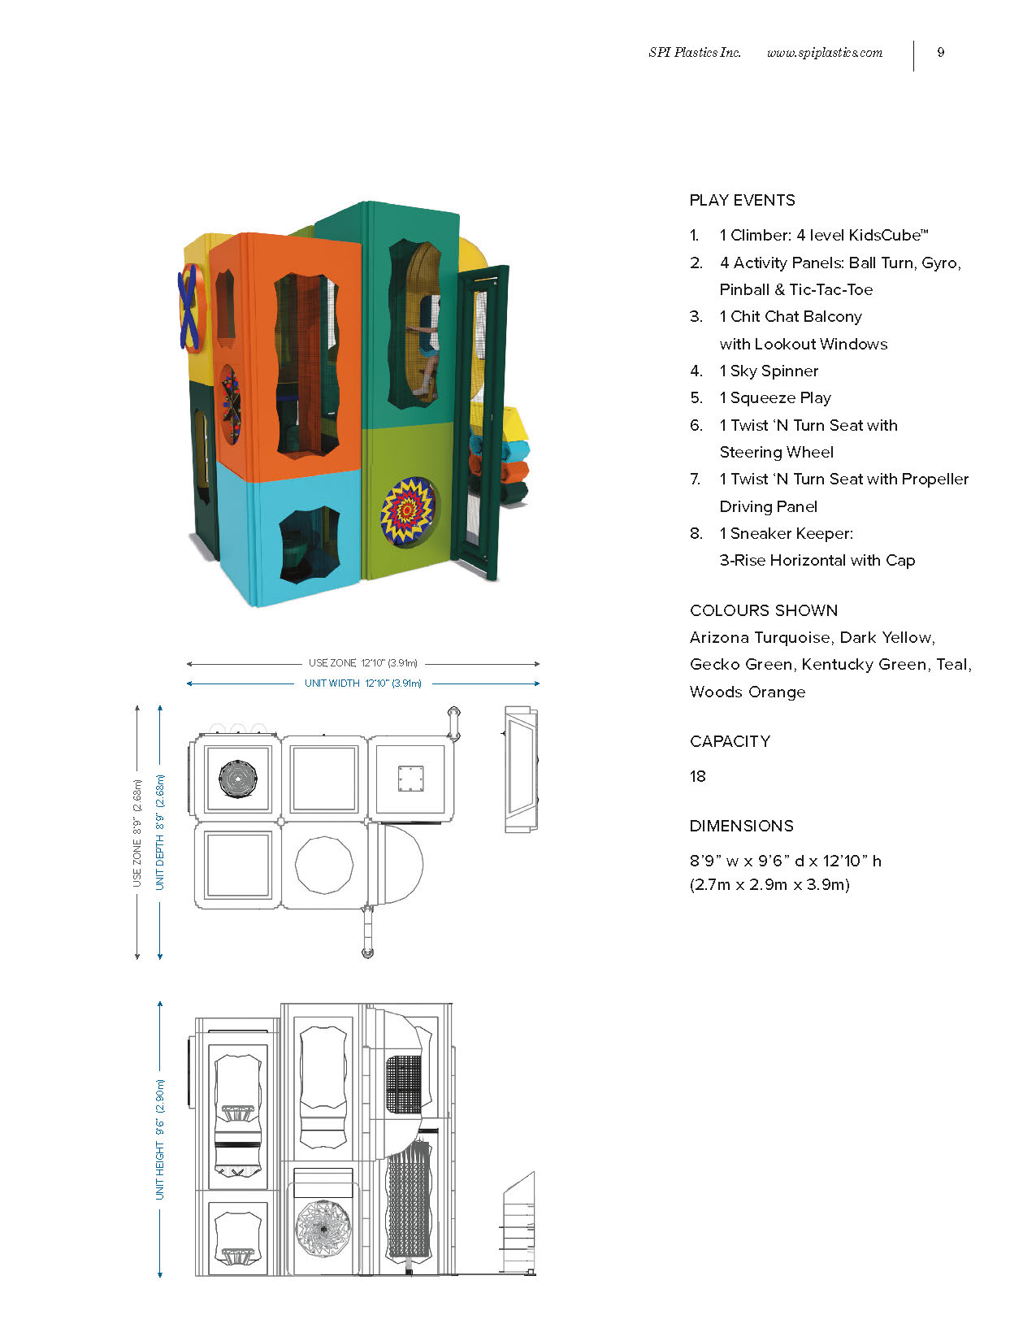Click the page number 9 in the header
[x=940, y=53]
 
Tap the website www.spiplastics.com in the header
[x=825, y=53]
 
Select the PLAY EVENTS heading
[x=743, y=200]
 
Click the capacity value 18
[x=698, y=776]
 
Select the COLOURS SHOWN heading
[x=764, y=610]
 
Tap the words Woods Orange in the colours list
[x=748, y=692]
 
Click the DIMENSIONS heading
[x=742, y=826]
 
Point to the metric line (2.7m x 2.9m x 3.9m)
[x=769, y=885]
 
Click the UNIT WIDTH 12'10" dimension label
[x=363, y=684]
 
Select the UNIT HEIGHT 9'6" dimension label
[x=160, y=1139]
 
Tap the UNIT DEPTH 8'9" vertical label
[x=160, y=832]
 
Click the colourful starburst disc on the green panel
[x=407, y=510]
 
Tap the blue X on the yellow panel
[x=188, y=306]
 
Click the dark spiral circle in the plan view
[x=237, y=779]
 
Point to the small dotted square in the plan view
[x=411, y=779]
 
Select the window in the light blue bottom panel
[x=310, y=545]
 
